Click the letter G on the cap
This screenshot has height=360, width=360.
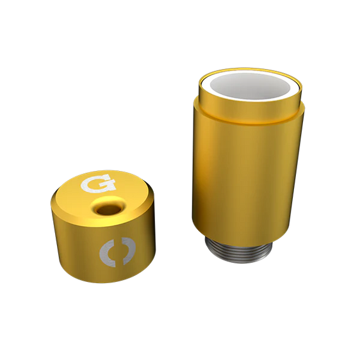[x=98, y=183]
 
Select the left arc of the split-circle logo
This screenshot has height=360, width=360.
[x=108, y=252]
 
